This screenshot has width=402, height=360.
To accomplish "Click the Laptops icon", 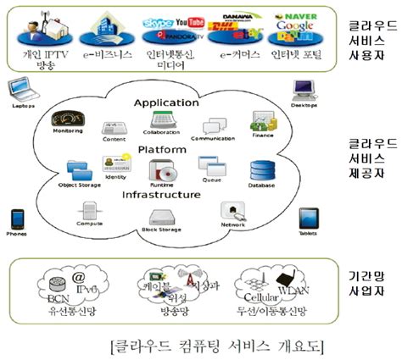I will pos(19,88).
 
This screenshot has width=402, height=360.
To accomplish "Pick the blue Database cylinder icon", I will pos(261,170).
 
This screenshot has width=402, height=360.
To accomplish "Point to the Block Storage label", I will pos(161,230).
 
